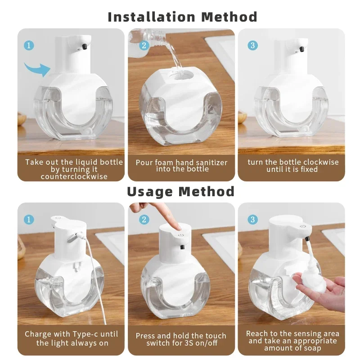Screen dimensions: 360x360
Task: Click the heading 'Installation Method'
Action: [x=182, y=17]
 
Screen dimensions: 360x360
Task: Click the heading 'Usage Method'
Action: [x=180, y=191]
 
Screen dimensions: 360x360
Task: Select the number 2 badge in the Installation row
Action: [x=144, y=45]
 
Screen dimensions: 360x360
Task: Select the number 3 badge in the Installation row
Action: [x=253, y=45]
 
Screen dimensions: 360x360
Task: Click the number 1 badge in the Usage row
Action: [x=28, y=219]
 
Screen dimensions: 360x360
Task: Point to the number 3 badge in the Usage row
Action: [x=253, y=219]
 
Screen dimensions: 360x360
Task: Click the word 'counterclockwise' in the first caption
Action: [x=74, y=176]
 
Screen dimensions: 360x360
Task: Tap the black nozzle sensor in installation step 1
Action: [x=85, y=46]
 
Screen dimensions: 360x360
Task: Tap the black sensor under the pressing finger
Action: [x=182, y=247]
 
